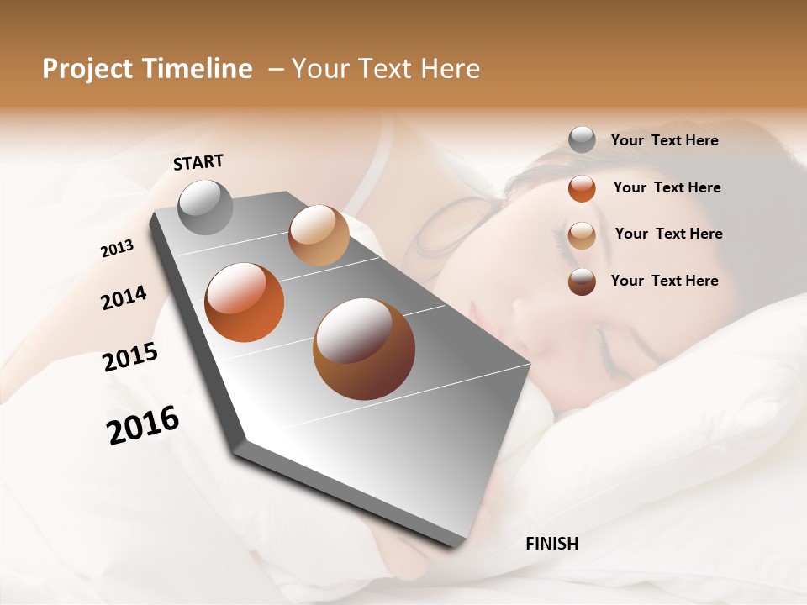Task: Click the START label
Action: (x=198, y=161)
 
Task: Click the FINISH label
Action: (x=551, y=544)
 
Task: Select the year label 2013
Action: (x=117, y=249)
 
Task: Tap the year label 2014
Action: (x=124, y=297)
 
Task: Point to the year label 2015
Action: (x=130, y=357)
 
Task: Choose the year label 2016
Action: (x=143, y=424)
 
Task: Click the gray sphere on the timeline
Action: (x=206, y=207)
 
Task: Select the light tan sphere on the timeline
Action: (x=319, y=235)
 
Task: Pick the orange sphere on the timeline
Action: (x=245, y=302)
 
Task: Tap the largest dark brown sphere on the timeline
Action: (x=363, y=349)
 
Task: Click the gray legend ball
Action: (x=582, y=139)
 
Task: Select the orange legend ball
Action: (x=582, y=187)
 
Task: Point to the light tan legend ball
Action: (x=582, y=234)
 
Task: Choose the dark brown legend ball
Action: (x=582, y=281)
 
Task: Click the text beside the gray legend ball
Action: (x=664, y=140)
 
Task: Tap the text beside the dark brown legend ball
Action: (x=664, y=281)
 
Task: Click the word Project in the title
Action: (x=87, y=69)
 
